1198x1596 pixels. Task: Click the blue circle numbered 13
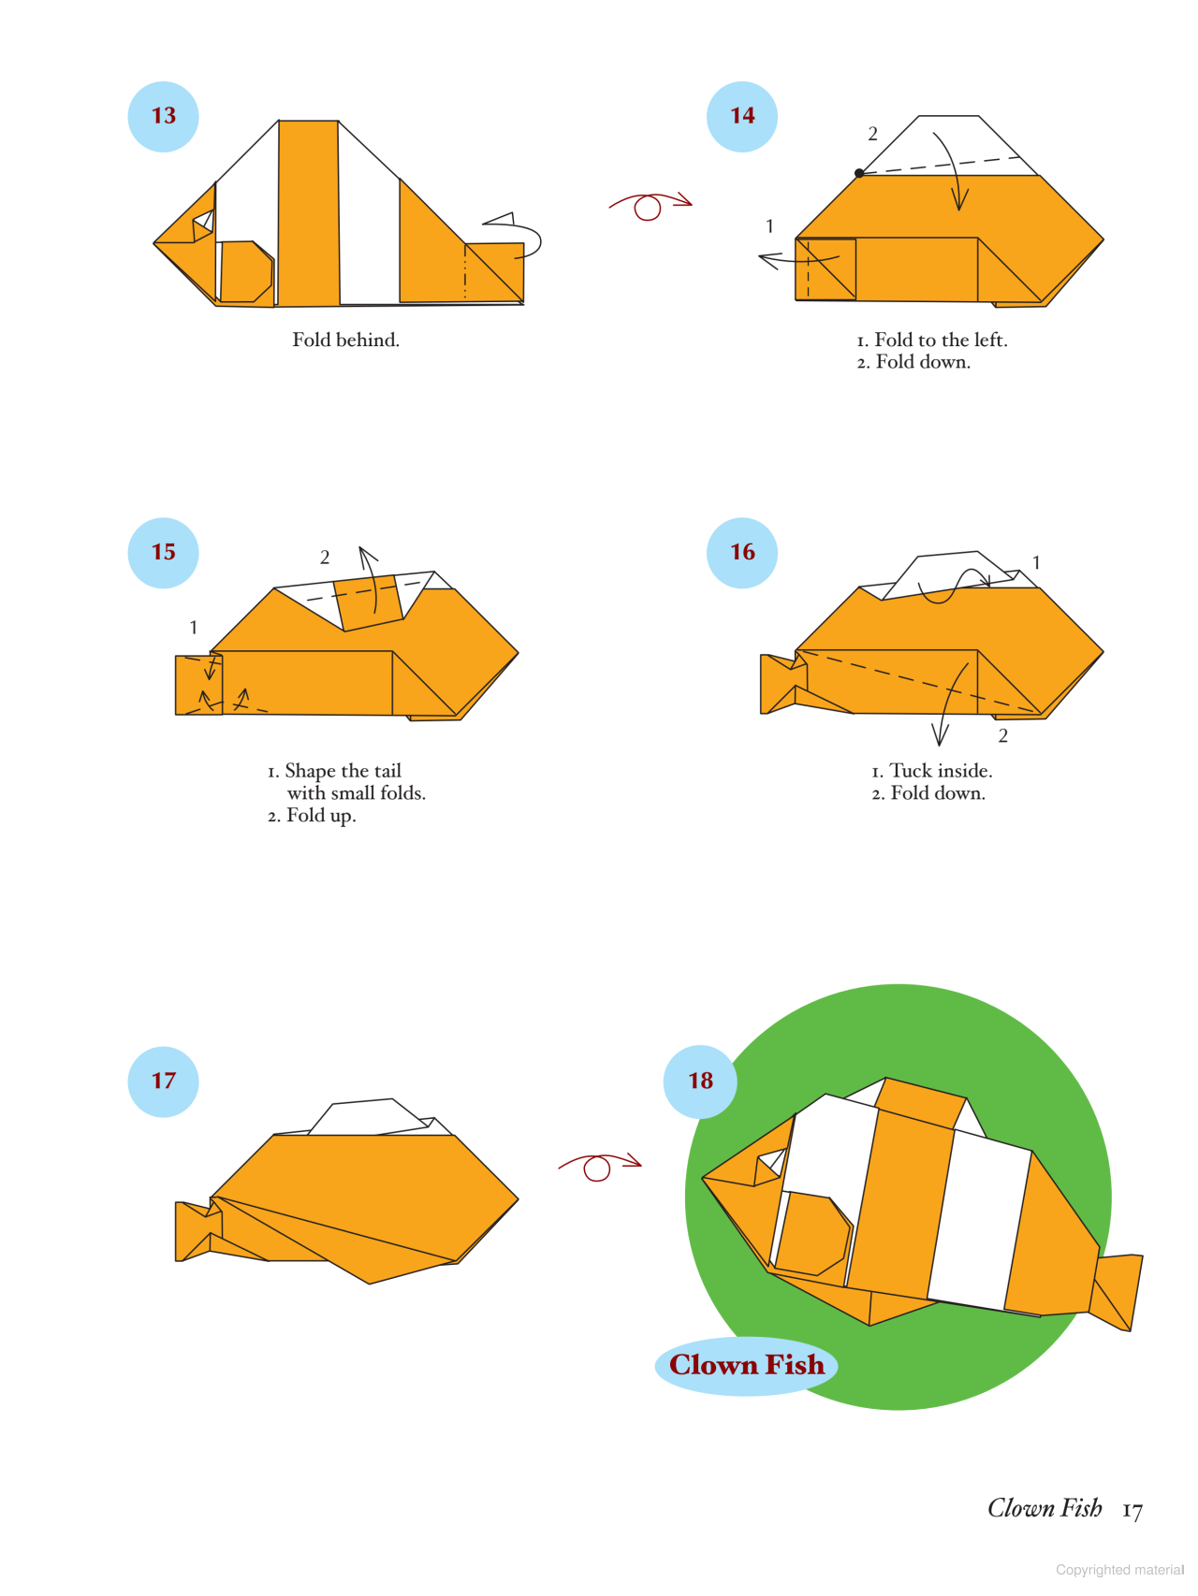coord(163,116)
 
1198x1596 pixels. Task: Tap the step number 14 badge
coord(742,116)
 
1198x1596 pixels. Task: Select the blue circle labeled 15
coord(163,553)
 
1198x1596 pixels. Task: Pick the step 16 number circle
coord(742,553)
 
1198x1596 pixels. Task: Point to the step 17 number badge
coord(163,1081)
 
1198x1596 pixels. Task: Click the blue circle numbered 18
coord(700,1081)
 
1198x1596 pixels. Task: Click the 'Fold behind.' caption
coord(345,341)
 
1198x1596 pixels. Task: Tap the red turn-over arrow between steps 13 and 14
coord(650,204)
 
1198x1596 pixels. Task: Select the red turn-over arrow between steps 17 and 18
coord(599,1166)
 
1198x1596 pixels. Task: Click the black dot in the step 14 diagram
coord(859,173)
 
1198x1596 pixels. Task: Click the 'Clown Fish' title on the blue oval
coord(747,1366)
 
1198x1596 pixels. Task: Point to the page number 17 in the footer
coord(1132,1511)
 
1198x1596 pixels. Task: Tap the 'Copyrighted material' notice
coord(1119,1570)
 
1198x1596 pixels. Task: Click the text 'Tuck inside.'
coord(940,771)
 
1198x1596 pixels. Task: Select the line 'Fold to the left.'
coord(940,341)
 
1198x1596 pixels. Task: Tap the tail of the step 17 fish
coord(193,1231)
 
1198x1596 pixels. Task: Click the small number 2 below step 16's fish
coord(1003,736)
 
